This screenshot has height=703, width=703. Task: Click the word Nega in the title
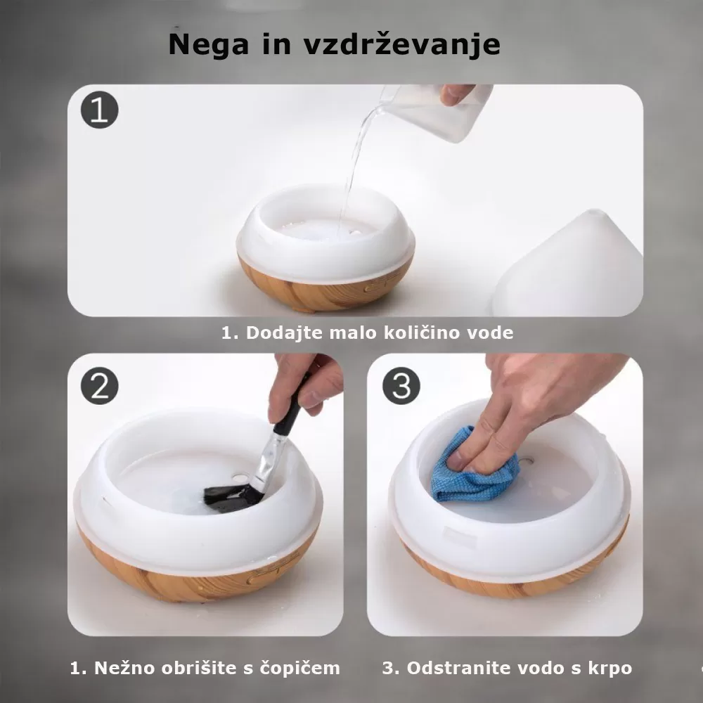pyautogui.click(x=209, y=44)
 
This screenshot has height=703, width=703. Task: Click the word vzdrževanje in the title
pyautogui.click(x=401, y=44)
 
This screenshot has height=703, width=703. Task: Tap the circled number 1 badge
pyautogui.click(x=99, y=111)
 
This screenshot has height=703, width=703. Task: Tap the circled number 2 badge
pyautogui.click(x=99, y=386)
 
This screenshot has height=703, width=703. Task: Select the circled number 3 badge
pyautogui.click(x=401, y=386)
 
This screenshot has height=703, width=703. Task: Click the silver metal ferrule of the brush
pyautogui.click(x=267, y=461)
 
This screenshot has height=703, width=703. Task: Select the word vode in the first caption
pyautogui.click(x=490, y=333)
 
